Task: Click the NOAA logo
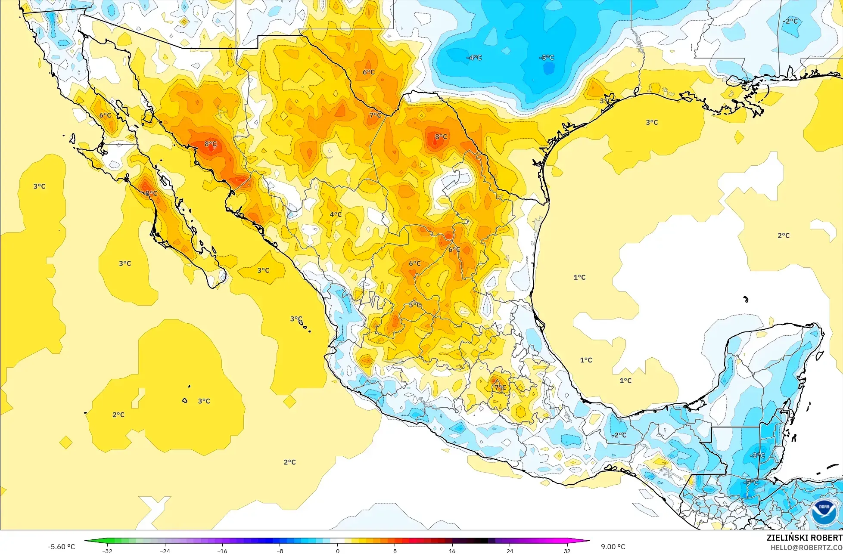(824, 512)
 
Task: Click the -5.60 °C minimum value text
(61, 547)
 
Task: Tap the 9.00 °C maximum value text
(613, 547)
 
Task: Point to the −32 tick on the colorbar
(107, 551)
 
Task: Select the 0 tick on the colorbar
(337, 551)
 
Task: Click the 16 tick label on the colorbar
(452, 551)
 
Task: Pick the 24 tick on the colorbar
(510, 551)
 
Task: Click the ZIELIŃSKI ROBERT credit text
(804, 538)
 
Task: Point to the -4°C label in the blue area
(474, 58)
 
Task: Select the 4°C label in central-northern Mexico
(336, 214)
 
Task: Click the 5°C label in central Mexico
(415, 305)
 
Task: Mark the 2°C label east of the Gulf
(784, 235)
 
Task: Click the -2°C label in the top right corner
(790, 21)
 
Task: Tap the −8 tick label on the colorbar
(280, 551)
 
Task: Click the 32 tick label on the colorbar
(567, 551)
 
